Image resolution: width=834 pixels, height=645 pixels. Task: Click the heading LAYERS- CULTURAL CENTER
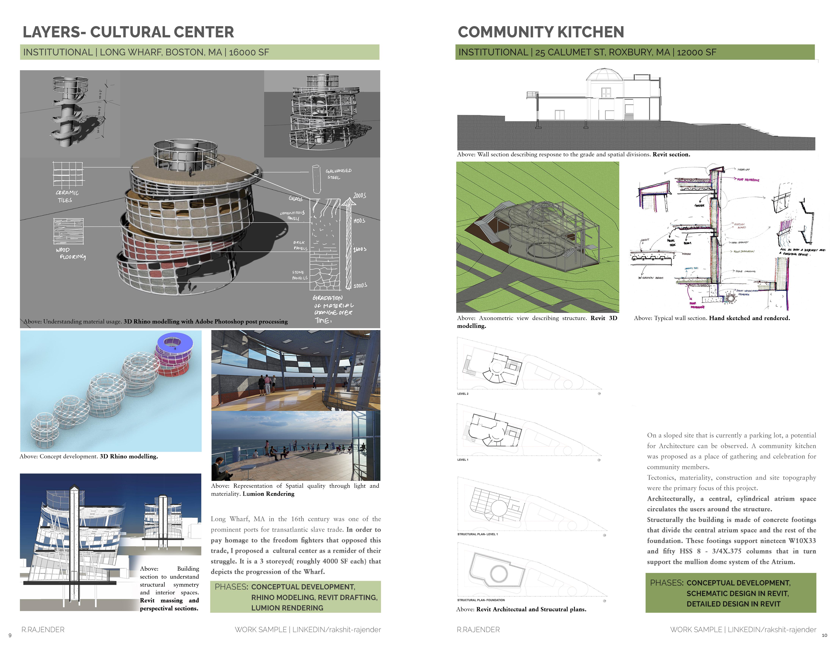point(128,32)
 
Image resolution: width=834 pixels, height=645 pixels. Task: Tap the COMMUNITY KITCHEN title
point(541,32)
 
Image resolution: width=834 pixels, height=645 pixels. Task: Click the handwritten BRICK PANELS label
point(300,245)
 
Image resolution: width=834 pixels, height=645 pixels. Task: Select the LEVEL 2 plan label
point(463,394)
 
